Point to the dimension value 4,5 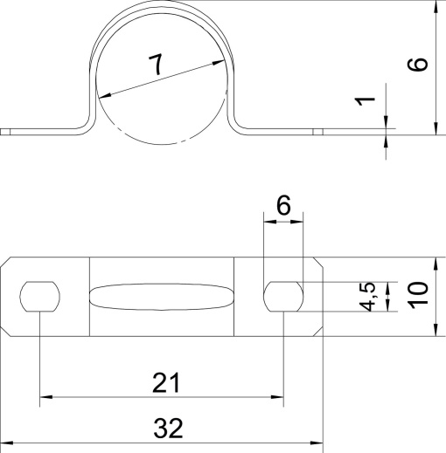(370, 296)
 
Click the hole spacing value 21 (166, 381)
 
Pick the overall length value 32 (168, 428)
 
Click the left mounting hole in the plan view (40, 297)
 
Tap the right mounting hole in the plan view (284, 297)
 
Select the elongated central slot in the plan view (163, 297)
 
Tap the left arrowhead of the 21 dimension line (46, 398)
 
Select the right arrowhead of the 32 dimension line (317, 443)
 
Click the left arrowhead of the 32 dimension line (7, 443)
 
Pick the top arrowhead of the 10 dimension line (435, 264)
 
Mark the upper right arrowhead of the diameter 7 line (215, 62)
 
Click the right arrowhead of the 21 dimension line (278, 398)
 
